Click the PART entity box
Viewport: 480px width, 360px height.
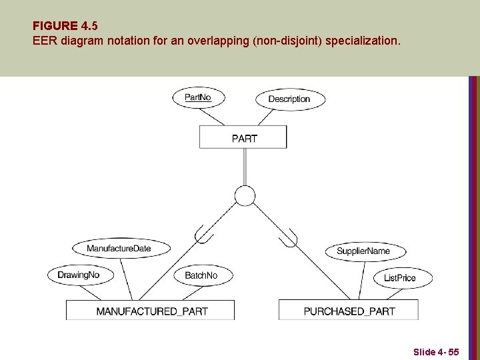point(243,138)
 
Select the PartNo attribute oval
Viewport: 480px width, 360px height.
point(198,97)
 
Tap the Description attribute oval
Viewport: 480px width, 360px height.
point(289,99)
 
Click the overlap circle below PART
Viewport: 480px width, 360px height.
point(245,195)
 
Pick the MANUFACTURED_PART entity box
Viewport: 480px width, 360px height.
point(151,311)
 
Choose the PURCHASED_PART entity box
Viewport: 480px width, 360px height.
point(349,311)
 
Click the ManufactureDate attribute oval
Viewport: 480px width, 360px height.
point(119,249)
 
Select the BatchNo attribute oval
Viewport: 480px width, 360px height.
point(201,275)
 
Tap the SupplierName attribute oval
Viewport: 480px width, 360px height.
point(363,251)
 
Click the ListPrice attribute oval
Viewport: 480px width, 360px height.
point(400,277)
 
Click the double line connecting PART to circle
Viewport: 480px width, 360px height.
point(245,167)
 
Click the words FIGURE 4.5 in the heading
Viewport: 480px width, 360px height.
point(65,26)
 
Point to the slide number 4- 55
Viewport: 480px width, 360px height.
point(436,351)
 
